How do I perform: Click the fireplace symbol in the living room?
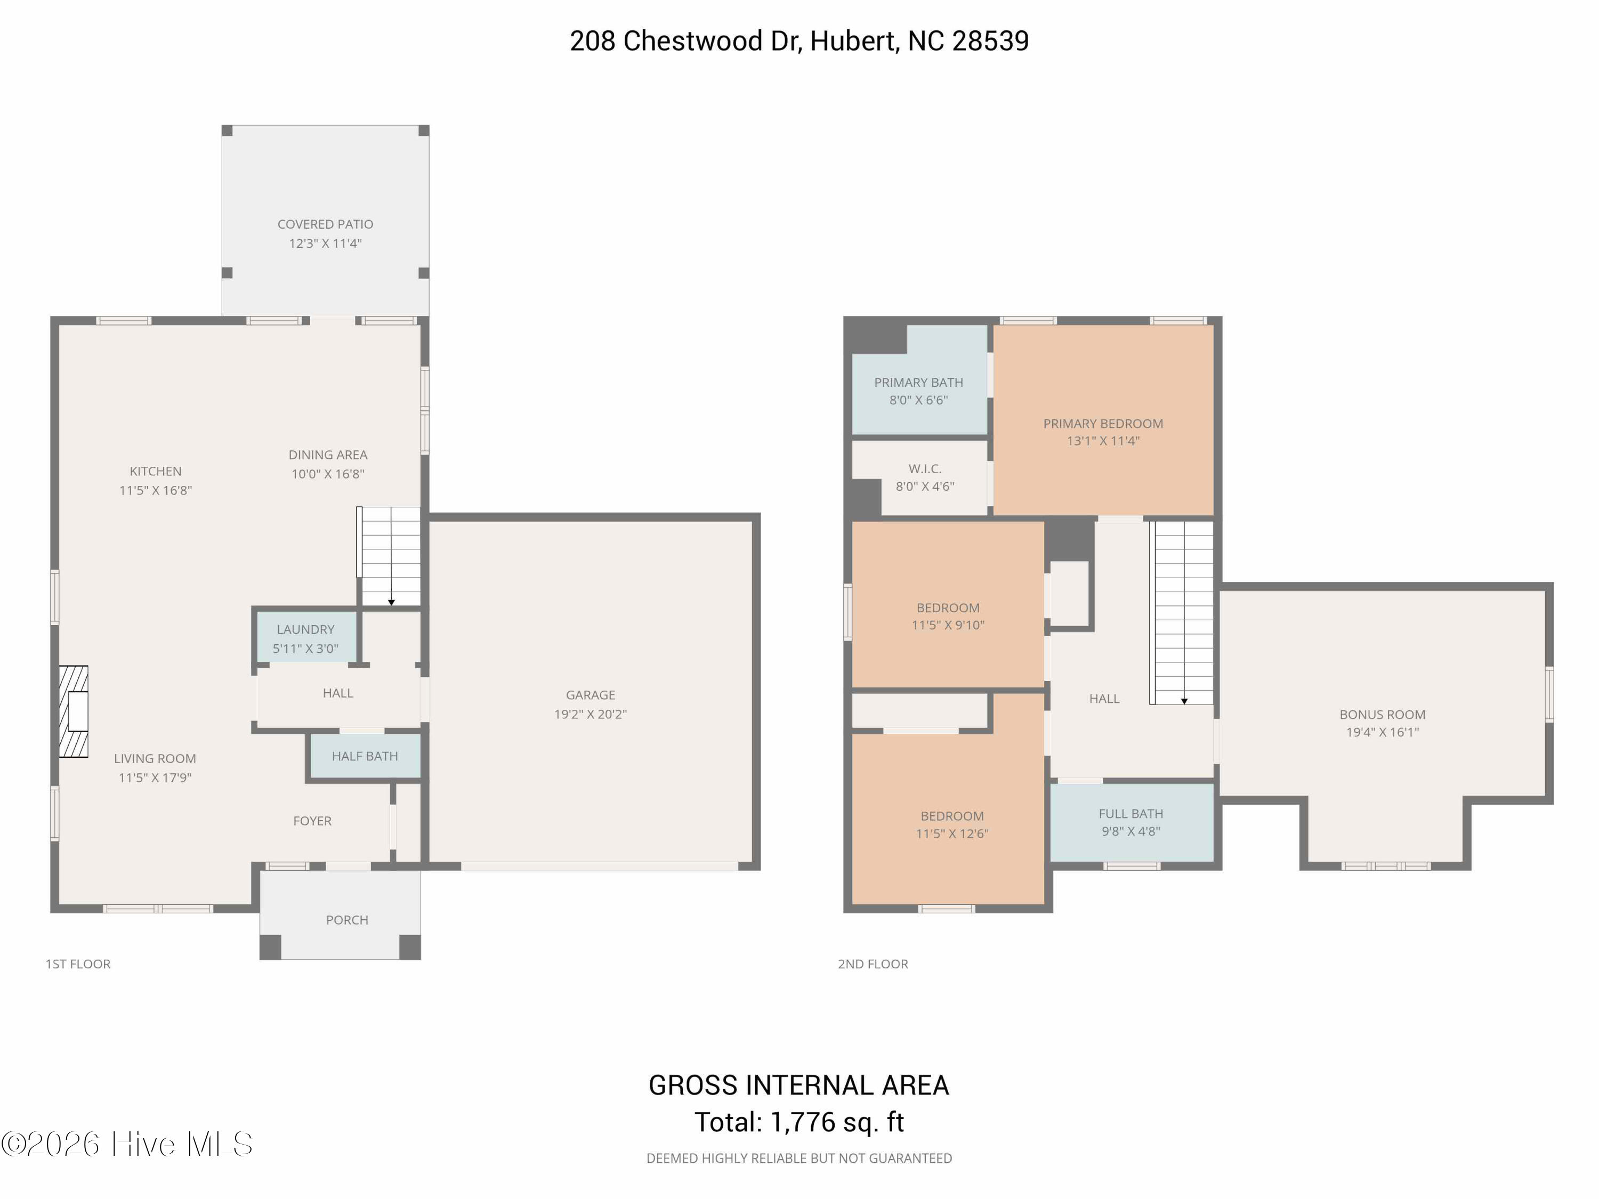[73, 712]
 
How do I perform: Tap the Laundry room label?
[306, 629]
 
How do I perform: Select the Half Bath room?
[365, 756]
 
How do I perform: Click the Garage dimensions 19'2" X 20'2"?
[591, 714]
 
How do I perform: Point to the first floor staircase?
[389, 556]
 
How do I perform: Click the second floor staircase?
[1181, 613]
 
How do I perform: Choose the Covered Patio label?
[325, 224]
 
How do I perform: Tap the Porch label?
[347, 920]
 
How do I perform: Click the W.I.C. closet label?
[925, 469]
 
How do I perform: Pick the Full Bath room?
[1132, 822]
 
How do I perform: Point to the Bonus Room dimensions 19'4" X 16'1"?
[1382, 732]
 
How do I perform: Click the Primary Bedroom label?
[1103, 424]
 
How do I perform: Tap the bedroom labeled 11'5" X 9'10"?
[948, 604]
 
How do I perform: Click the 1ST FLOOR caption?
[78, 964]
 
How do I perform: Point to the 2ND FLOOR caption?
[873, 964]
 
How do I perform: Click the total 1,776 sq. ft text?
[837, 1122]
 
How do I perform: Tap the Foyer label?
[312, 821]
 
